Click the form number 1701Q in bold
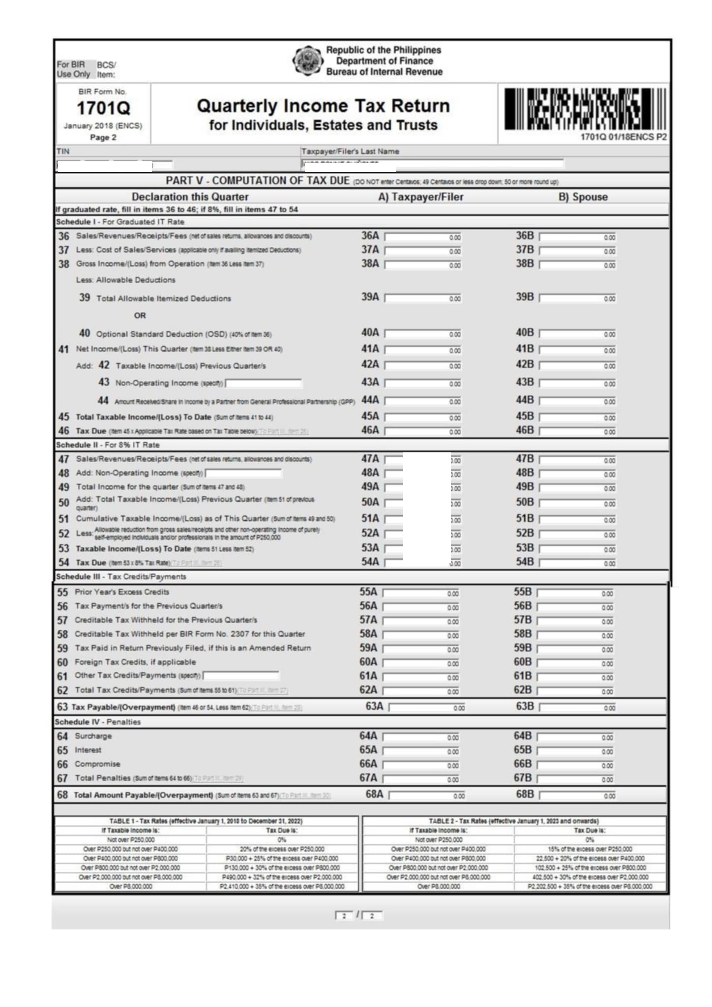tap(103, 108)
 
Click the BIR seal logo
tap(308, 61)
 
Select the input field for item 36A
tap(423, 237)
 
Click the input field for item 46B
tap(577, 431)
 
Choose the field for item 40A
tap(423, 334)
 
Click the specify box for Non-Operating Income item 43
tap(264, 383)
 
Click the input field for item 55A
tap(421, 593)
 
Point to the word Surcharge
tap(93, 736)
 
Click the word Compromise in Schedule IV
tap(97, 764)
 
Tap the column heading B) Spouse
tap(583, 197)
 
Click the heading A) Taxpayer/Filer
tap(420, 197)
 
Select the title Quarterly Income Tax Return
tap(323, 106)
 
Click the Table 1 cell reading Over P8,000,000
tap(131, 887)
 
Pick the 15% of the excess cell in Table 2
tap(590, 849)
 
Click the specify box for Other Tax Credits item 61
tap(241, 676)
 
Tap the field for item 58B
tap(575, 635)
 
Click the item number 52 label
tap(64, 533)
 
